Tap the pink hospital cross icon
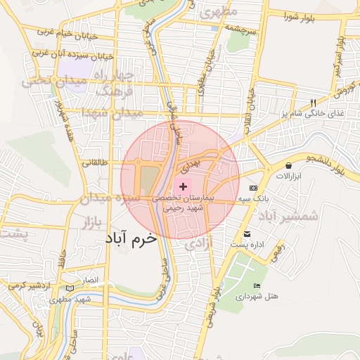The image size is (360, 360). [x=184, y=186]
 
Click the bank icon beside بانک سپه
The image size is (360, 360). [x=253, y=188]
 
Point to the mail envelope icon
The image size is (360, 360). [x=246, y=234]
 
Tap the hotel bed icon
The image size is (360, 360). [x=257, y=285]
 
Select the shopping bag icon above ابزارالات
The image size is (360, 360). [x=289, y=166]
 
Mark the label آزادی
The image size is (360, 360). [x=199, y=244]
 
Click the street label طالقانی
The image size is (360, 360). [x=95, y=163]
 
